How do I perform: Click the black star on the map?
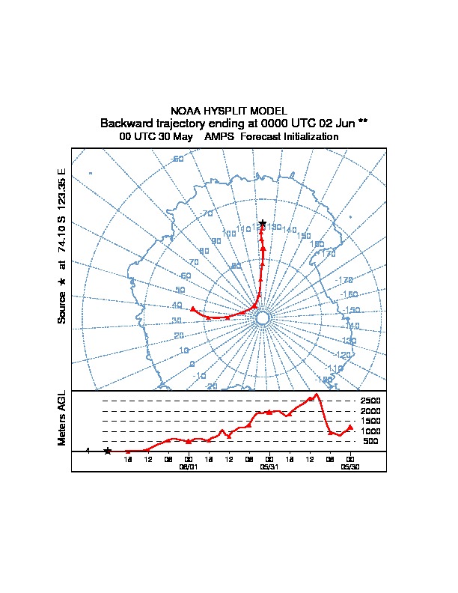pyautogui.click(x=263, y=223)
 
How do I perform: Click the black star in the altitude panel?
pyautogui.click(x=108, y=451)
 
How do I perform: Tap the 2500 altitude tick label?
pyautogui.click(x=370, y=401)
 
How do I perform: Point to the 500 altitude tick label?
pyautogui.click(x=370, y=442)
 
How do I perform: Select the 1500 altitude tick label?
pyautogui.click(x=370, y=422)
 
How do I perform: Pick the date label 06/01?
pyautogui.click(x=189, y=466)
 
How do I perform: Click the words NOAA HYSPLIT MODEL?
pyautogui.click(x=229, y=111)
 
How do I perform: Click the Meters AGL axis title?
pyautogui.click(x=62, y=419)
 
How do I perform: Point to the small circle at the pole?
pyautogui.click(x=263, y=318)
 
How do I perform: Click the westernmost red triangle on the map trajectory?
pyautogui.click(x=193, y=308)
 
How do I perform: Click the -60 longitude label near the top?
pyautogui.click(x=177, y=159)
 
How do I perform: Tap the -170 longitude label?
pyautogui.click(x=345, y=280)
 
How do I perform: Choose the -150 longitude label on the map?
pyautogui.click(x=351, y=310)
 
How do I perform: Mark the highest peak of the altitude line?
pyautogui.click(x=317, y=394)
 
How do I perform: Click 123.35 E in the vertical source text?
pyautogui.click(x=62, y=187)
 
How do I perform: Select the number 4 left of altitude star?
pyautogui.click(x=88, y=451)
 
